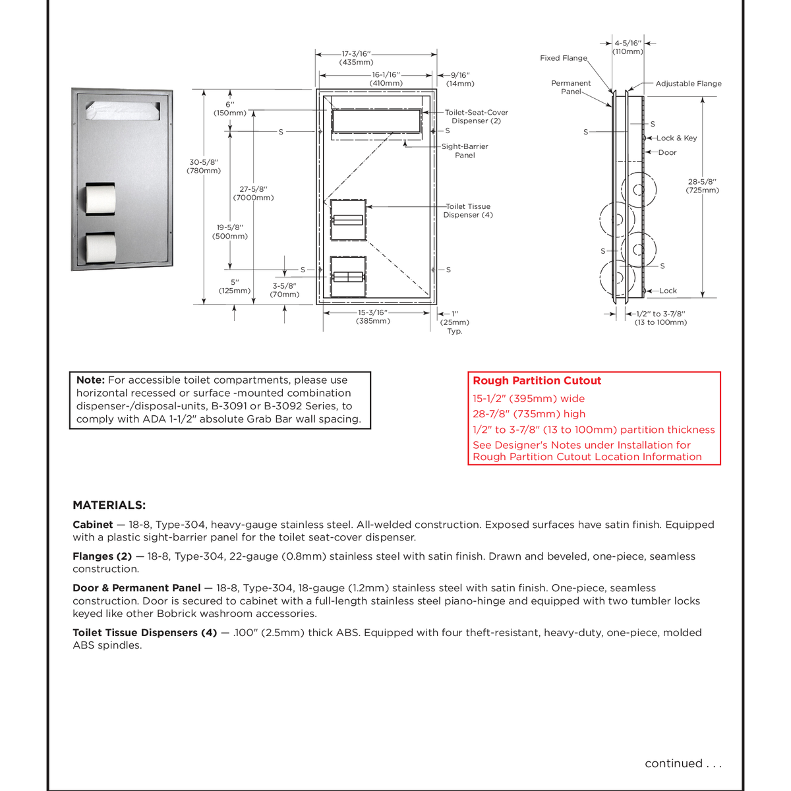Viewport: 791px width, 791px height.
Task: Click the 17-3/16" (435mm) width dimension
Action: pos(357,58)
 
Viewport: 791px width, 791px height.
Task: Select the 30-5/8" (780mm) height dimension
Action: pos(204,166)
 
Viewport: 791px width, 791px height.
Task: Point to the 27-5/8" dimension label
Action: pos(253,193)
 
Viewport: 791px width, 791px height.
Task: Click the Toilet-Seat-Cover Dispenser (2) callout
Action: pos(476,117)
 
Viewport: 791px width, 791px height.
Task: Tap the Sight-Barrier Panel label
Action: pos(465,151)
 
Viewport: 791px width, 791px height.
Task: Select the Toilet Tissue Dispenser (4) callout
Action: pos(468,210)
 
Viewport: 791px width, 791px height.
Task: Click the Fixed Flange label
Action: pos(563,58)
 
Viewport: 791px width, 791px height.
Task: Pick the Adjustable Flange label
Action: pos(688,84)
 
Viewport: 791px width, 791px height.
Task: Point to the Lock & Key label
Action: pos(676,138)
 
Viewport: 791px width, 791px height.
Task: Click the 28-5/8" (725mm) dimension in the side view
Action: pos(703,186)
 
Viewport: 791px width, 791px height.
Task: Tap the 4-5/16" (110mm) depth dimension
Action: pos(628,47)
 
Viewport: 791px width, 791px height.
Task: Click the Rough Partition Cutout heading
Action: pos(537,380)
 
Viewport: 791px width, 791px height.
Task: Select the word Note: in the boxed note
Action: pos(90,380)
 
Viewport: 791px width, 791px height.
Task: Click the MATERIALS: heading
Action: pos(109,506)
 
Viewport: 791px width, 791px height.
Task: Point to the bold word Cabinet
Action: pos(93,525)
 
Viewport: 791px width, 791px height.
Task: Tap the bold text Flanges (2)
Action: pos(102,556)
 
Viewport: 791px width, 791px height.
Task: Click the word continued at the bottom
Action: pos(673,763)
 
